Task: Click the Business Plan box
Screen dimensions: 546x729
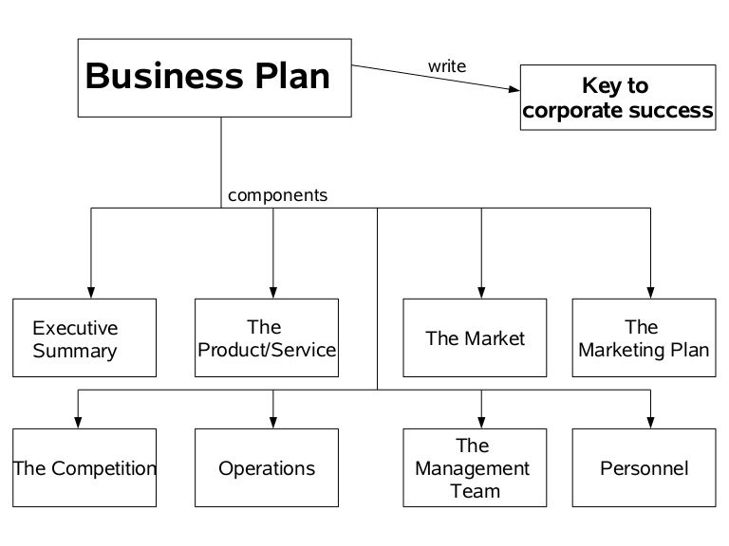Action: coord(215,78)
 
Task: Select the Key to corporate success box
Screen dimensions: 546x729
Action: coord(618,99)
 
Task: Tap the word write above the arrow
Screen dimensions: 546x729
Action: coord(447,66)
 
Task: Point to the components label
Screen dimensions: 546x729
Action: coord(277,196)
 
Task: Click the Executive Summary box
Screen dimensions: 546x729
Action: coord(84,337)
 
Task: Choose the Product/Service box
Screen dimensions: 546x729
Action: coord(267,337)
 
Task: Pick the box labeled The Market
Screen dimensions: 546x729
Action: coord(475,337)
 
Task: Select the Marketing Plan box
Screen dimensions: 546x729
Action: coord(644,337)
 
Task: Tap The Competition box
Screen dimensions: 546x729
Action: coord(84,467)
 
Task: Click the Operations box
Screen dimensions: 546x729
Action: coord(267,467)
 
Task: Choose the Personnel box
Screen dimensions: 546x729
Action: coord(644,467)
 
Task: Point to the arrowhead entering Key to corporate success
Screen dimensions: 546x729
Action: coord(513,88)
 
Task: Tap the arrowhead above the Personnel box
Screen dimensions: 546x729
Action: coord(651,422)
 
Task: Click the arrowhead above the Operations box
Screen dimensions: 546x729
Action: coord(273,422)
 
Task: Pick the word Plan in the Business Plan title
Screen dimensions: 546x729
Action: coord(289,76)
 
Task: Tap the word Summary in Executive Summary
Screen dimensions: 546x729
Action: coord(75,352)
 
